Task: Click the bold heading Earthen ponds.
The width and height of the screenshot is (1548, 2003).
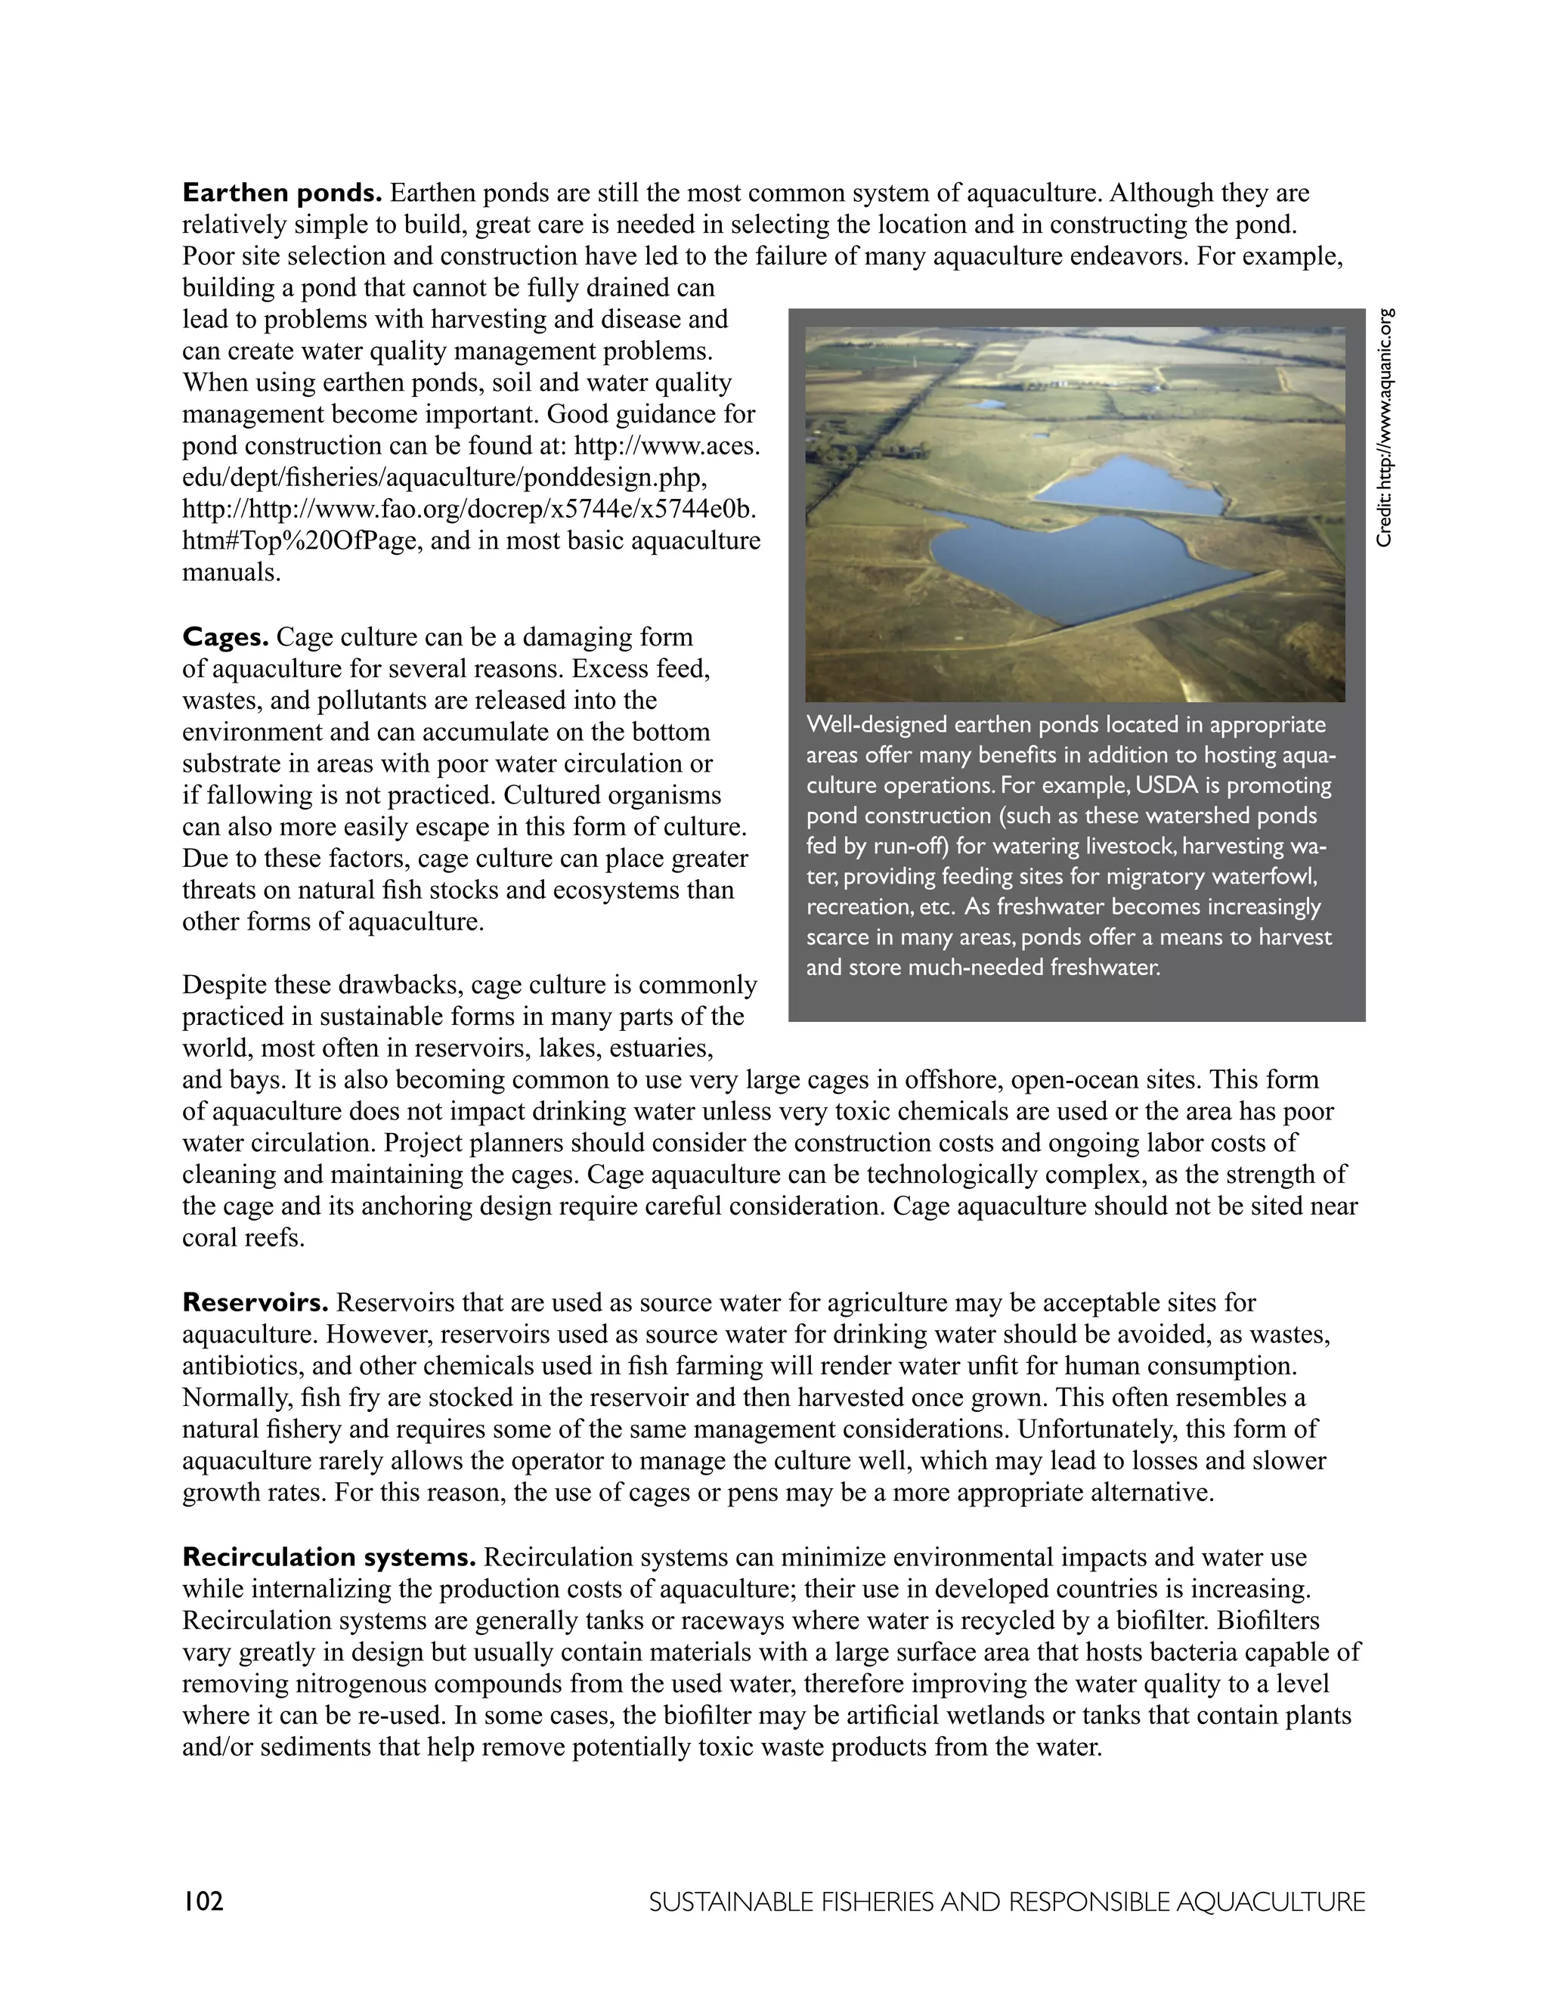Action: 281,193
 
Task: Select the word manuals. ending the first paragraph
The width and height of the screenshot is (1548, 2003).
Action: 231,573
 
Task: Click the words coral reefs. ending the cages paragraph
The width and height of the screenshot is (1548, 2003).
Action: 243,1238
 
